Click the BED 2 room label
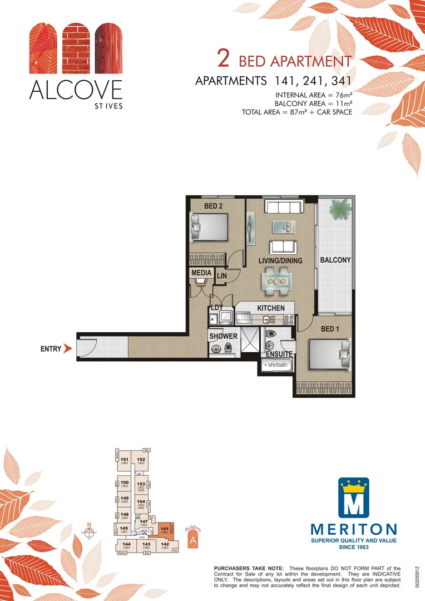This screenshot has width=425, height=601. tap(214, 206)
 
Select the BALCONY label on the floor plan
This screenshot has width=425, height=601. tap(335, 260)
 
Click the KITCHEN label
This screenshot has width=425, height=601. tap(270, 308)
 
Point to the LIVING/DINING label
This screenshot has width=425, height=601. tap(280, 260)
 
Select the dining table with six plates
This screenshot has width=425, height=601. tap(277, 280)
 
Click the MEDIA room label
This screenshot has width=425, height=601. tap(201, 273)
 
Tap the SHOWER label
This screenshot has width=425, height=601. tap(223, 336)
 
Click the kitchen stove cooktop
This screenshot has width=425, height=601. tap(289, 319)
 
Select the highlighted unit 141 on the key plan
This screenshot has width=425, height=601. tap(165, 530)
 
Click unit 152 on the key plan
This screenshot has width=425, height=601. tap(141, 460)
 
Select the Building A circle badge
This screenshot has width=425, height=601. tap(192, 540)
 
